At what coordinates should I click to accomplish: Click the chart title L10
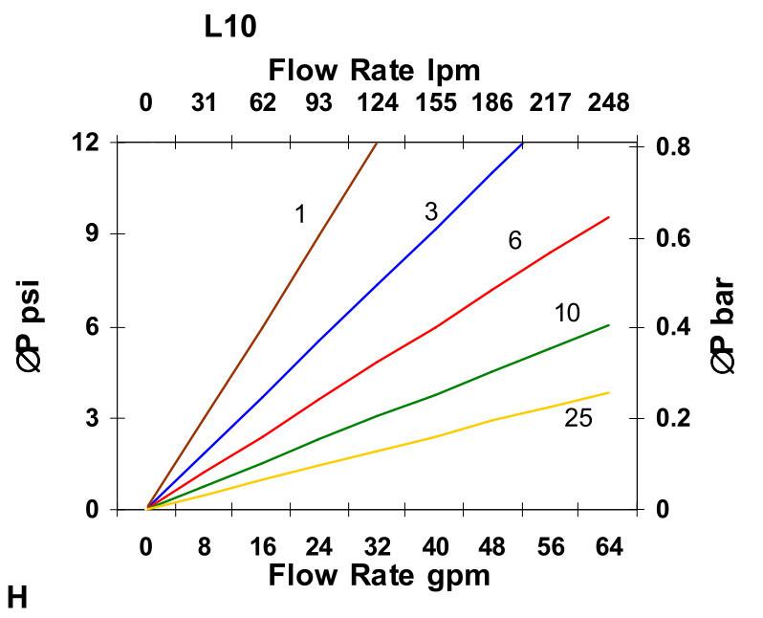[x=230, y=27]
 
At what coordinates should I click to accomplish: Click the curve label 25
[x=578, y=417]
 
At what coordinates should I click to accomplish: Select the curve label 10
[x=567, y=313]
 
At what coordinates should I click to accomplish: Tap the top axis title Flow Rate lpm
[x=374, y=70]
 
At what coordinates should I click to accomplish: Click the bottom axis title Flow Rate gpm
[x=379, y=575]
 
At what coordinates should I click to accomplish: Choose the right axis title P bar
[x=724, y=325]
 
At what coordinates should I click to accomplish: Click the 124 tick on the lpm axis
[x=377, y=102]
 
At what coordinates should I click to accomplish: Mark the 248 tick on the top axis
[x=608, y=102]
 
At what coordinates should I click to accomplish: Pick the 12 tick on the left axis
[x=87, y=143]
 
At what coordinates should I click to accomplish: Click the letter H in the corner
[x=17, y=599]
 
